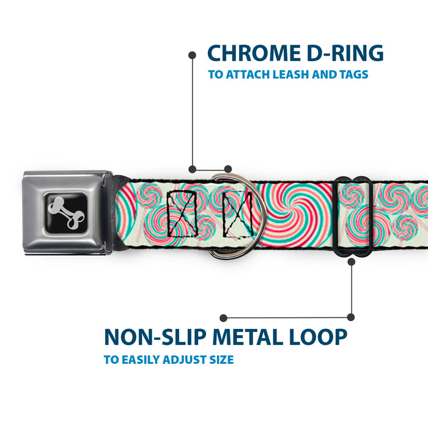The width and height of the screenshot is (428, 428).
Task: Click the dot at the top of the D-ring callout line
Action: coord(192,55)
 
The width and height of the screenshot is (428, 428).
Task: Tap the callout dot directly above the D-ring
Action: coord(228,169)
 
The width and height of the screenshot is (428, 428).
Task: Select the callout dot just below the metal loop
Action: coord(351,262)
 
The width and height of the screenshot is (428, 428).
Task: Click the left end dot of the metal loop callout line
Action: coord(224,318)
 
